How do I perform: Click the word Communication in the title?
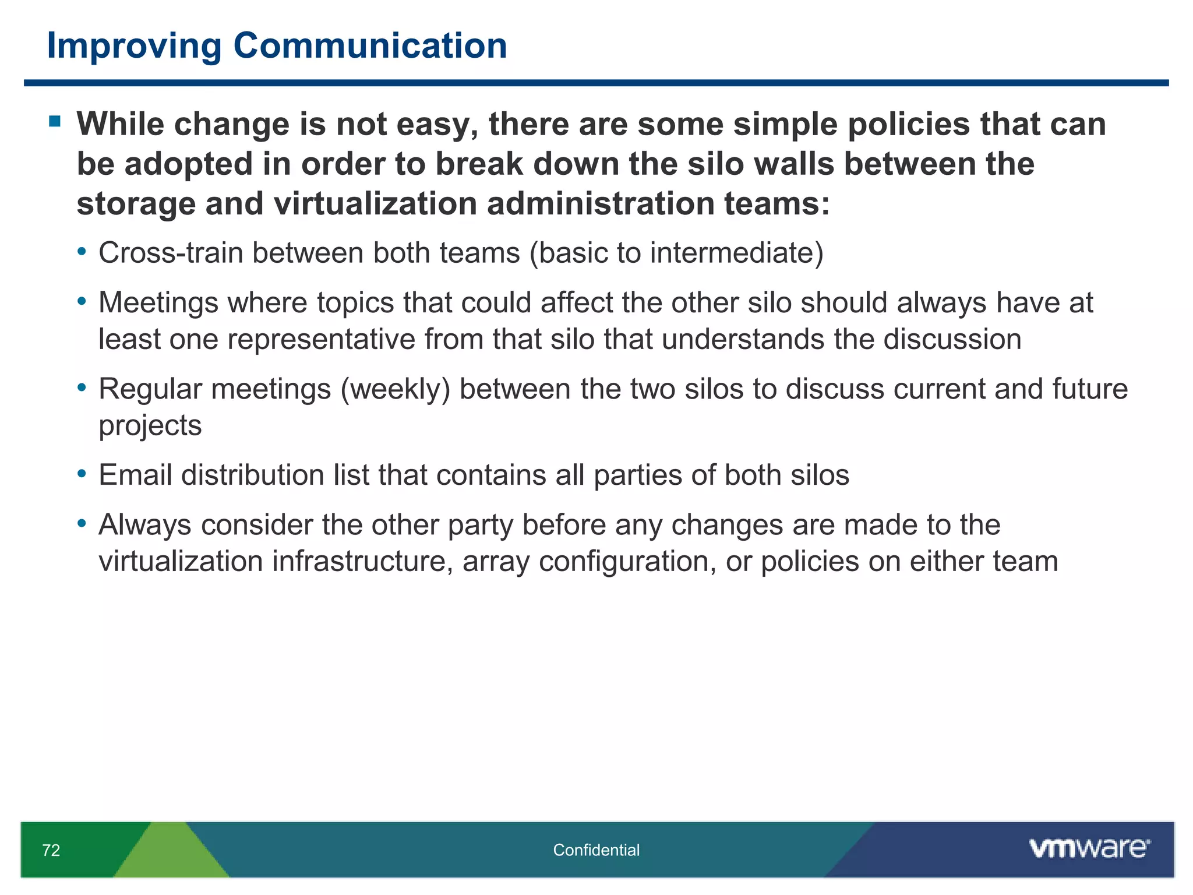[370, 45]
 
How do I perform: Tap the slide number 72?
[51, 850]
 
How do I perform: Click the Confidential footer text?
[596, 850]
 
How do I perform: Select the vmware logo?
[1089, 848]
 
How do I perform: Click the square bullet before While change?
[55, 122]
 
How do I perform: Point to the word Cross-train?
[171, 253]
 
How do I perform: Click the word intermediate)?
[737, 253]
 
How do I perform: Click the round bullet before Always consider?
[82, 523]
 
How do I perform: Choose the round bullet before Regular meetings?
[82, 387]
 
